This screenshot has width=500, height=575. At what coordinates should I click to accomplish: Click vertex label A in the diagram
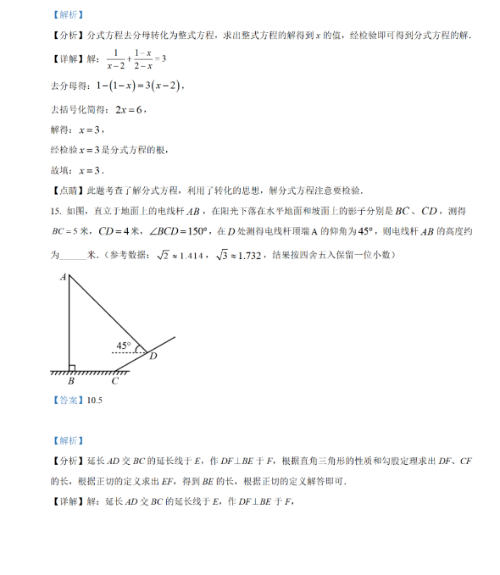tap(64, 277)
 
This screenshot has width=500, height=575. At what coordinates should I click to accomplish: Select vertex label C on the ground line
tap(114, 381)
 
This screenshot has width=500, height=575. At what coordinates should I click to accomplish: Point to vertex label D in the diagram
tap(153, 356)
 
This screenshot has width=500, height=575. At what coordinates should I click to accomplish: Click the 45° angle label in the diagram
tap(125, 346)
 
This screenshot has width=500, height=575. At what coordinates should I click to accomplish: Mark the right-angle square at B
tap(72, 368)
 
